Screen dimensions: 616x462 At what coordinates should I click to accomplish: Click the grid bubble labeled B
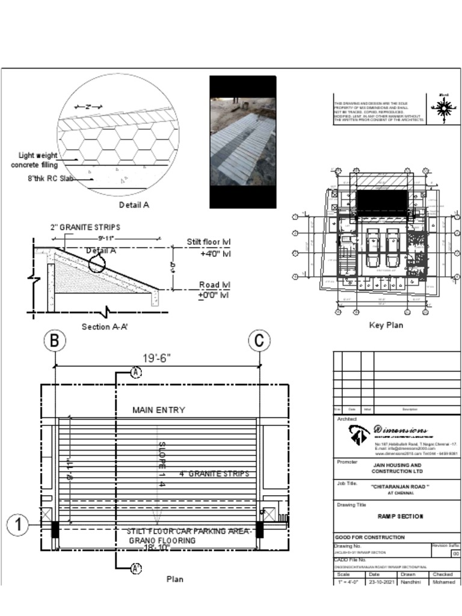pyautogui.click(x=54, y=341)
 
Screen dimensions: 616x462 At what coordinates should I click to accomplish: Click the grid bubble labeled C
pyautogui.click(x=259, y=341)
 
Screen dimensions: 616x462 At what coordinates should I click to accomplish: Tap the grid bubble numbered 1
pyautogui.click(x=18, y=525)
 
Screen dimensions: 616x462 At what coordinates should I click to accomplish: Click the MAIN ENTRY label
pyautogui.click(x=159, y=410)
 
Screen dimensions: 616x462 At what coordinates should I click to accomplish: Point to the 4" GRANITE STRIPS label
pyautogui.click(x=214, y=474)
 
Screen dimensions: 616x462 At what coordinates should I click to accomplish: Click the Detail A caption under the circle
pyautogui.click(x=134, y=205)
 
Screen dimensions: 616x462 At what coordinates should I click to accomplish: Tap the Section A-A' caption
pyautogui.click(x=105, y=327)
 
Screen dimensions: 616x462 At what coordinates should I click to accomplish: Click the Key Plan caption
pyautogui.click(x=386, y=325)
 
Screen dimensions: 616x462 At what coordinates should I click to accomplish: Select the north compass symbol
pyautogui.click(x=444, y=109)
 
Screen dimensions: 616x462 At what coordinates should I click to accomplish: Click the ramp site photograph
pyautogui.click(x=242, y=142)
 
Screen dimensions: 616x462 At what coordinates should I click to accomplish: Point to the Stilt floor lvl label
pyautogui.click(x=208, y=242)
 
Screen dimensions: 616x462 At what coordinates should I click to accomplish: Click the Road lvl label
pyautogui.click(x=215, y=285)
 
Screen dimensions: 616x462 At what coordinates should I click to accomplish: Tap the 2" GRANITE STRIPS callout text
pyautogui.click(x=85, y=227)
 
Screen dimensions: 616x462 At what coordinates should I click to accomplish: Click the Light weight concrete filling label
pyautogui.click(x=35, y=160)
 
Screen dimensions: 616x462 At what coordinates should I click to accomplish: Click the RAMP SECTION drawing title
pyautogui.click(x=400, y=517)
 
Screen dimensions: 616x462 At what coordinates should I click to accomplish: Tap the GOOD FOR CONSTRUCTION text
pyautogui.click(x=369, y=537)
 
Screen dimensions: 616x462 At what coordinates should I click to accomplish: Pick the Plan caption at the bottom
pyautogui.click(x=174, y=579)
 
